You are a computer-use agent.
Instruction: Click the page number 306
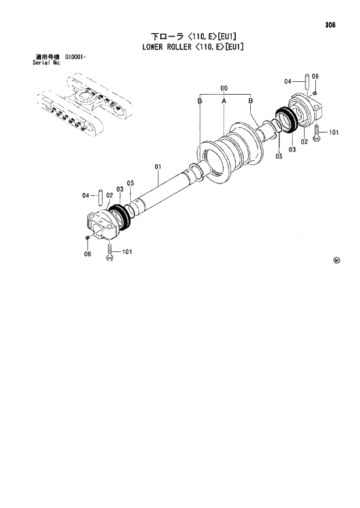(330, 25)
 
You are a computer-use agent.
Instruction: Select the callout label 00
(223, 88)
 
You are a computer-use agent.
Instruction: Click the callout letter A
(224, 101)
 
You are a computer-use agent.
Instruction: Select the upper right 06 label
(315, 77)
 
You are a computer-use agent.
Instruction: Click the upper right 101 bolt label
(333, 132)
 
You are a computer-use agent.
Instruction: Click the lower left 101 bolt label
(127, 252)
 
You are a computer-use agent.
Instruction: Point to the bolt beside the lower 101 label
(109, 252)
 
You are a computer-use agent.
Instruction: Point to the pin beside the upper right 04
(304, 81)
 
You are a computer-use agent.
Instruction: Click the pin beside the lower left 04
(100, 195)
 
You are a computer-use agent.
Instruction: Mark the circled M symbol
(336, 260)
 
